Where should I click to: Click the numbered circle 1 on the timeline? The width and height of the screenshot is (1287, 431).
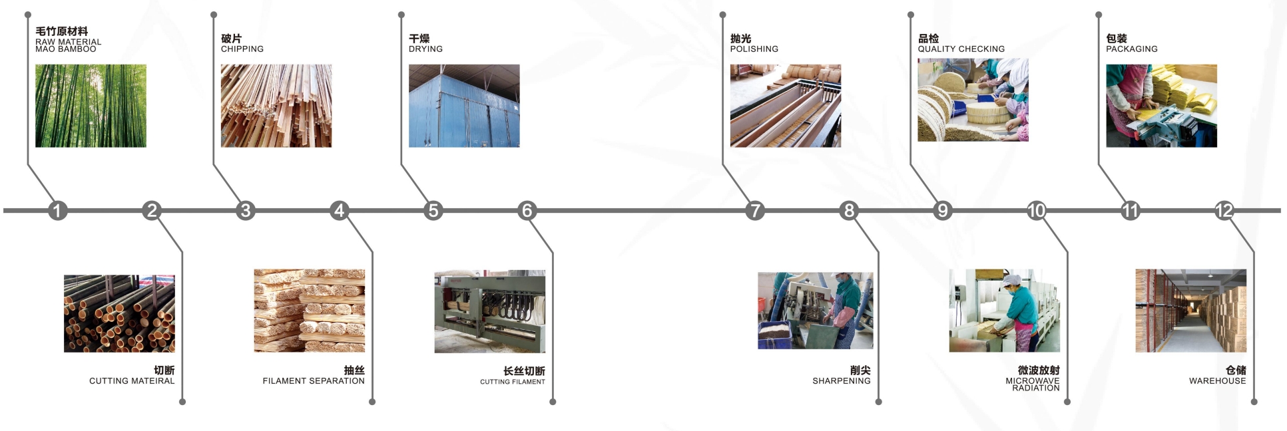pyautogui.click(x=57, y=211)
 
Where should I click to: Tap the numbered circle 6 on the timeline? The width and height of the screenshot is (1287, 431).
pyautogui.click(x=527, y=211)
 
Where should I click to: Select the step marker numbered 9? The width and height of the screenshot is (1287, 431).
pyautogui.click(x=943, y=211)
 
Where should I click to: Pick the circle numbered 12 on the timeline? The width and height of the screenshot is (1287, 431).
pyautogui.click(x=1224, y=211)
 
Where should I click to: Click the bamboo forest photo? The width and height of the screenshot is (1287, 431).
pyautogui.click(x=91, y=106)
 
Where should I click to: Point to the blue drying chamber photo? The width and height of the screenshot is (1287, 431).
pyautogui.click(x=464, y=106)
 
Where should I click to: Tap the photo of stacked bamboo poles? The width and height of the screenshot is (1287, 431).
pyautogui.click(x=119, y=313)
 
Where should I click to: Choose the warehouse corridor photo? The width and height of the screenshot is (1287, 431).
pyautogui.click(x=1191, y=311)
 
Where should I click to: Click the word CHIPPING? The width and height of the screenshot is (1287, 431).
pyautogui.click(x=242, y=49)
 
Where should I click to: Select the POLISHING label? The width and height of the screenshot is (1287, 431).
pyautogui.click(x=754, y=49)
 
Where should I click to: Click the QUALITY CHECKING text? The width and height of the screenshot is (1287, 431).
pyautogui.click(x=961, y=49)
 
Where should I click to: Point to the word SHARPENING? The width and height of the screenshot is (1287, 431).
pyautogui.click(x=842, y=381)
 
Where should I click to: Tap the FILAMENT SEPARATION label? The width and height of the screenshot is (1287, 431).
pyautogui.click(x=314, y=381)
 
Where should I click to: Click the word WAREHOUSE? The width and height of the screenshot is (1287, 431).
pyautogui.click(x=1218, y=381)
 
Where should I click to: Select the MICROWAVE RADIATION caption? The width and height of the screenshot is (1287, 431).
pyautogui.click(x=1033, y=384)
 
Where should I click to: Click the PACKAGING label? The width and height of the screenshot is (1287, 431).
pyautogui.click(x=1132, y=49)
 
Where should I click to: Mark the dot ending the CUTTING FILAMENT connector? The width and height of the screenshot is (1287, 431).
pyautogui.click(x=553, y=402)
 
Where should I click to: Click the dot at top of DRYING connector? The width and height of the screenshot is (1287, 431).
pyautogui.click(x=401, y=15)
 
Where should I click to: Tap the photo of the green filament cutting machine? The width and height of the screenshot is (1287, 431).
pyautogui.click(x=490, y=311)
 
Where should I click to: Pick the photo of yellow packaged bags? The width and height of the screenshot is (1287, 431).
pyautogui.click(x=1162, y=106)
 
